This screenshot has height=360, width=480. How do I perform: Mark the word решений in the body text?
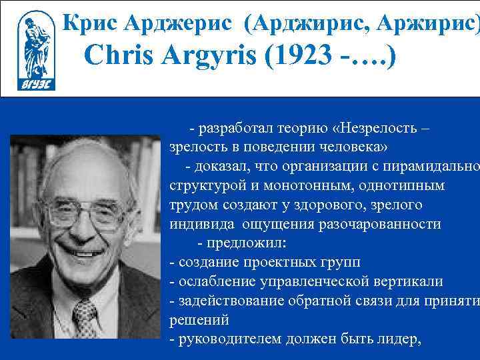(199, 319)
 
